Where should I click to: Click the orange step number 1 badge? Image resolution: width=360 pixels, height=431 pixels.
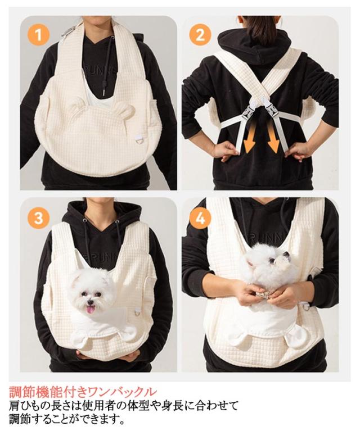(39, 35)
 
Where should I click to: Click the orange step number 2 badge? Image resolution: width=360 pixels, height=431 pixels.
(200, 35)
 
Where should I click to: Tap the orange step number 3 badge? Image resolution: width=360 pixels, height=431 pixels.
(39, 219)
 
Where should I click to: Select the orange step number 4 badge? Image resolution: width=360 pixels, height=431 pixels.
(200, 219)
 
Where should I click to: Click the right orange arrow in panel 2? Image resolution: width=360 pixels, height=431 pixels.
(273, 138)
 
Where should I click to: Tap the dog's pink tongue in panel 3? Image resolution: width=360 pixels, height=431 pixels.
(90, 310)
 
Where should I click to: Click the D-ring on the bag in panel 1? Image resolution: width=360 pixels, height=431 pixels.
(138, 140)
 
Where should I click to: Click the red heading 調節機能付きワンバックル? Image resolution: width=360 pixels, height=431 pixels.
(83, 392)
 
